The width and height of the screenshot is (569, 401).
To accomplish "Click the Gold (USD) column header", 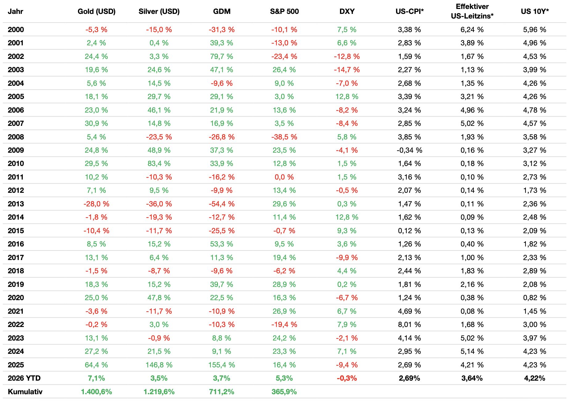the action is click(x=96, y=11).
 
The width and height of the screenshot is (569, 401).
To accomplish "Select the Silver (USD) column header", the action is click(x=159, y=11).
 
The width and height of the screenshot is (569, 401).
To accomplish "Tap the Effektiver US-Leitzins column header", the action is click(x=472, y=11).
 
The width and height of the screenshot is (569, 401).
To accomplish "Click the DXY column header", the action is click(x=347, y=11).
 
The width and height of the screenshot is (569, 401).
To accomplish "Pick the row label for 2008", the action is click(x=16, y=137).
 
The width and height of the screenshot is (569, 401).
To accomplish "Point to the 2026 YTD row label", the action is click(x=24, y=378).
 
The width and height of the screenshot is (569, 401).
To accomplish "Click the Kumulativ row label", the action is click(x=25, y=392).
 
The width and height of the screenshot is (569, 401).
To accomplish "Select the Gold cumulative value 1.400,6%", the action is click(x=96, y=392).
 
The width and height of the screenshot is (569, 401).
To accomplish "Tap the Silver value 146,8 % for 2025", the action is click(x=159, y=365).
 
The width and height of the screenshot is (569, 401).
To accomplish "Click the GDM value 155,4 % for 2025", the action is click(x=222, y=365).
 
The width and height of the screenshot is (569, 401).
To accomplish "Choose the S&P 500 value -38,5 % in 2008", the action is click(x=284, y=137).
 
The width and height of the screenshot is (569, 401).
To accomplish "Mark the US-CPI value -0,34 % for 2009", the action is click(x=409, y=150).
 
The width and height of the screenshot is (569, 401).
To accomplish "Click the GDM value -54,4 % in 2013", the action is click(x=222, y=204).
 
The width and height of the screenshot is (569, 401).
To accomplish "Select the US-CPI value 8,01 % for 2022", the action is click(x=409, y=325).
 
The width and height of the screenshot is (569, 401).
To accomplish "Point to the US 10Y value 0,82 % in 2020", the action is click(x=534, y=298).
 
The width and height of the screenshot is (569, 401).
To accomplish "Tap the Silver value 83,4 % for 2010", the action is click(x=159, y=163).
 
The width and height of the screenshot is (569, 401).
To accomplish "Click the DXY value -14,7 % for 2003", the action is click(x=347, y=70).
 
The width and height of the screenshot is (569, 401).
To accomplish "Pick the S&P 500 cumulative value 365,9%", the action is click(x=284, y=392).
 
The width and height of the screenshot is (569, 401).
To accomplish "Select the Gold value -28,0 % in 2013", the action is click(x=96, y=204).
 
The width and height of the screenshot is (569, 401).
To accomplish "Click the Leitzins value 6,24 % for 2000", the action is click(x=472, y=30).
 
